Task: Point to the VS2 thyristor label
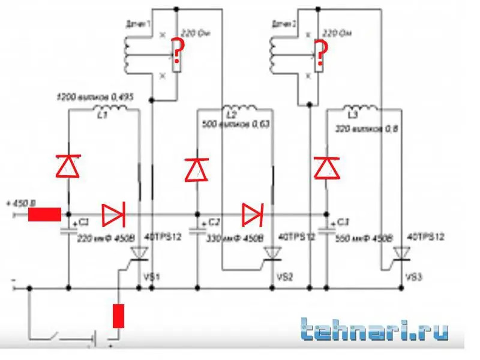284,277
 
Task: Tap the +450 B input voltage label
20,202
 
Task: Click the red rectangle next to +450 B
44,214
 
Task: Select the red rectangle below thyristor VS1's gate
118,316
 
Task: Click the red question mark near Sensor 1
177,51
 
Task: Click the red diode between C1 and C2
112,213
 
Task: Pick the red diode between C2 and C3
253,213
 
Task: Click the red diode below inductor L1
68,166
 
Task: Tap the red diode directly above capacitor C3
327,167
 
